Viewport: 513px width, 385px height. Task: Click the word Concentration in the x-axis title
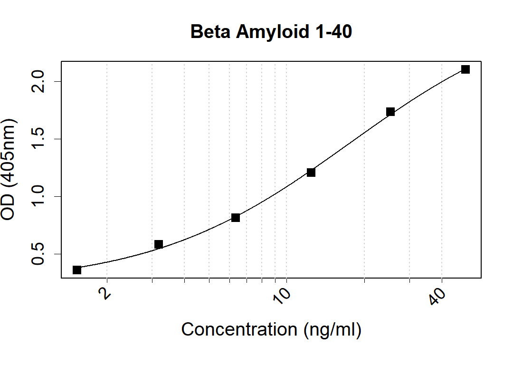click(240, 329)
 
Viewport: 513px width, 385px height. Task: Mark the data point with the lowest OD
click(77, 270)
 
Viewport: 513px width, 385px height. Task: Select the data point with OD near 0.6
click(159, 244)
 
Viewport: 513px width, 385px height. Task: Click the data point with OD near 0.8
click(236, 218)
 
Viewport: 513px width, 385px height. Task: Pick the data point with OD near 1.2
click(311, 172)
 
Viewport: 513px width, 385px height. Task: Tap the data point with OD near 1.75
click(390, 112)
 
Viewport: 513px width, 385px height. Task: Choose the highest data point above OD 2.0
click(465, 69)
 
